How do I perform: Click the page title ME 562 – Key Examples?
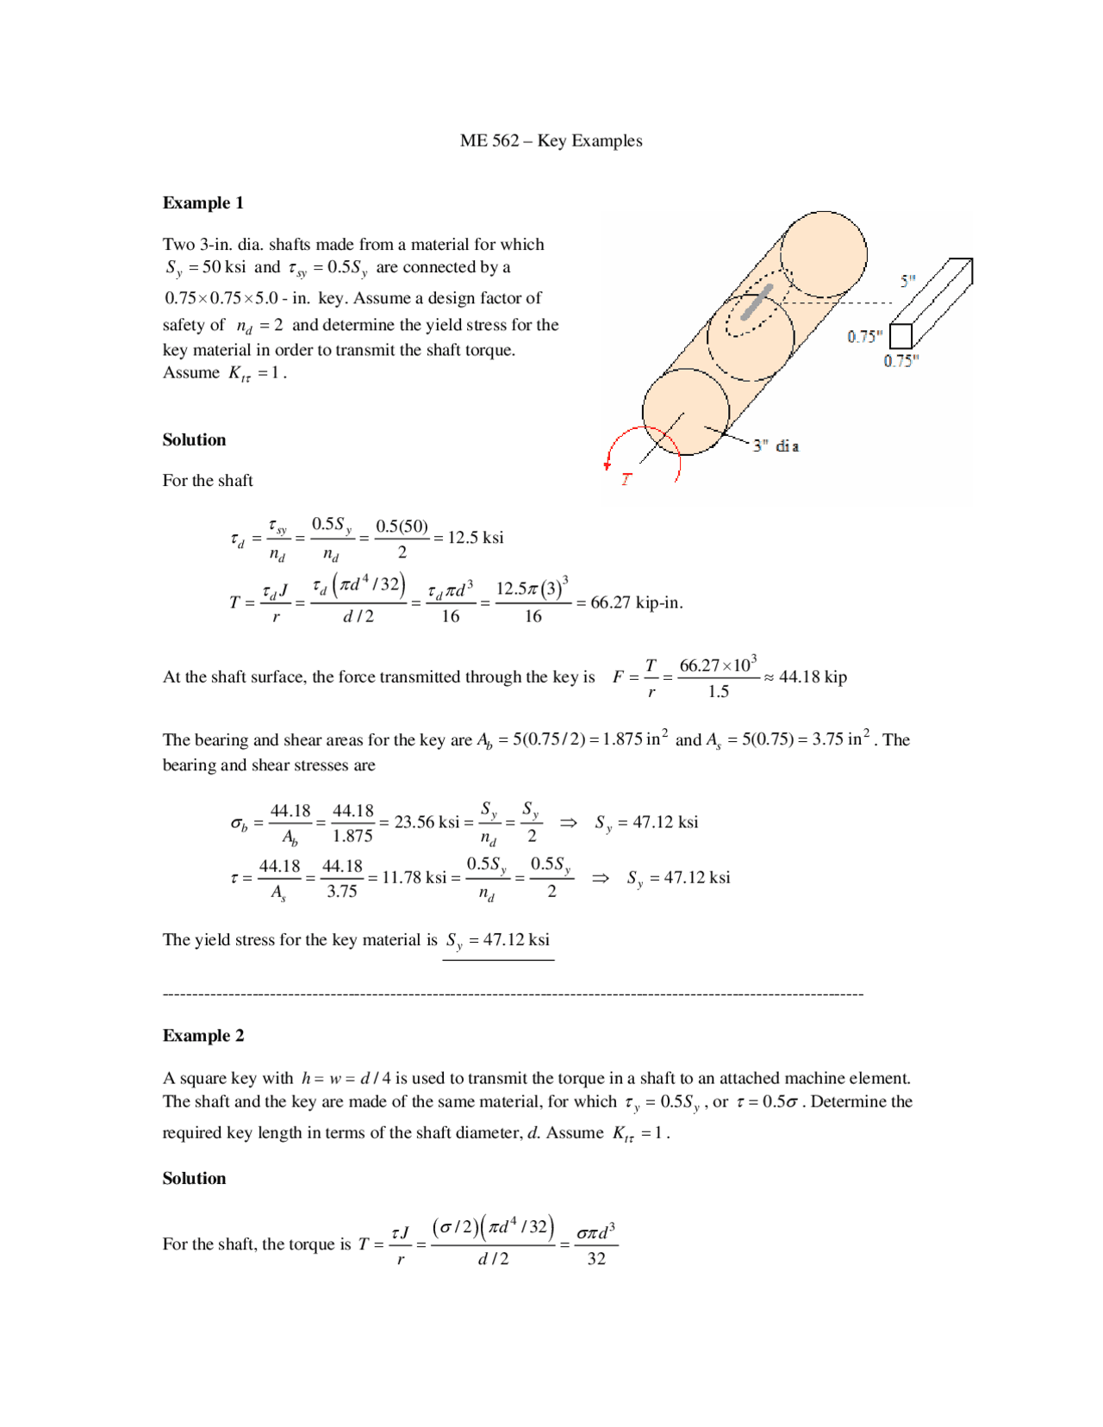[x=551, y=140]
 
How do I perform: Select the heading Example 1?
[x=203, y=203]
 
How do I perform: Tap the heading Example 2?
[x=203, y=1036]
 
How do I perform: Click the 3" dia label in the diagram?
[x=776, y=446]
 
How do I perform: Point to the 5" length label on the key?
[x=907, y=281]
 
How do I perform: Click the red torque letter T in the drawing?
[x=626, y=479]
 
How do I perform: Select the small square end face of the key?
[x=900, y=336]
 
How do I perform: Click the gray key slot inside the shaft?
[x=756, y=302]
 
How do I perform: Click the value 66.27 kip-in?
[x=636, y=602]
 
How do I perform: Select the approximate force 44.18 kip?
[x=813, y=676]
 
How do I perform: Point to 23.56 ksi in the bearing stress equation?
[x=427, y=822]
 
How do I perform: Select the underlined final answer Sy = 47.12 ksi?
[x=497, y=940]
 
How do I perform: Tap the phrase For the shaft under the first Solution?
[x=208, y=480]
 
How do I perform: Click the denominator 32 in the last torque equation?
[x=596, y=1258]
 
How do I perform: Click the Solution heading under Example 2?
[x=194, y=1178]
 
